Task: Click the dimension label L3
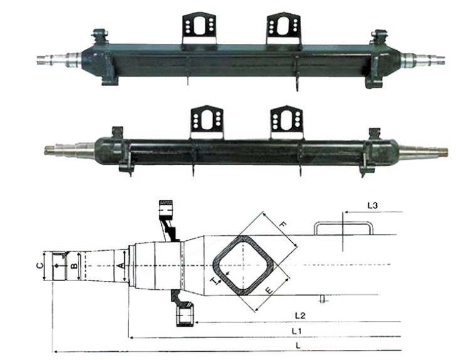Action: coord(372,205)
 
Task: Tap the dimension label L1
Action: coord(297,330)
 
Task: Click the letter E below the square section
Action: coord(268,290)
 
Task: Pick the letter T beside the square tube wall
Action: coord(216,280)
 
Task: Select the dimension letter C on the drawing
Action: coord(40,265)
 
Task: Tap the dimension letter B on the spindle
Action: coord(74,266)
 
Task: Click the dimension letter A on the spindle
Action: coord(120,266)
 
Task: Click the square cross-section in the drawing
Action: coord(243,265)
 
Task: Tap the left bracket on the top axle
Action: coord(199,29)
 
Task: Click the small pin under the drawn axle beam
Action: coord(323,298)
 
